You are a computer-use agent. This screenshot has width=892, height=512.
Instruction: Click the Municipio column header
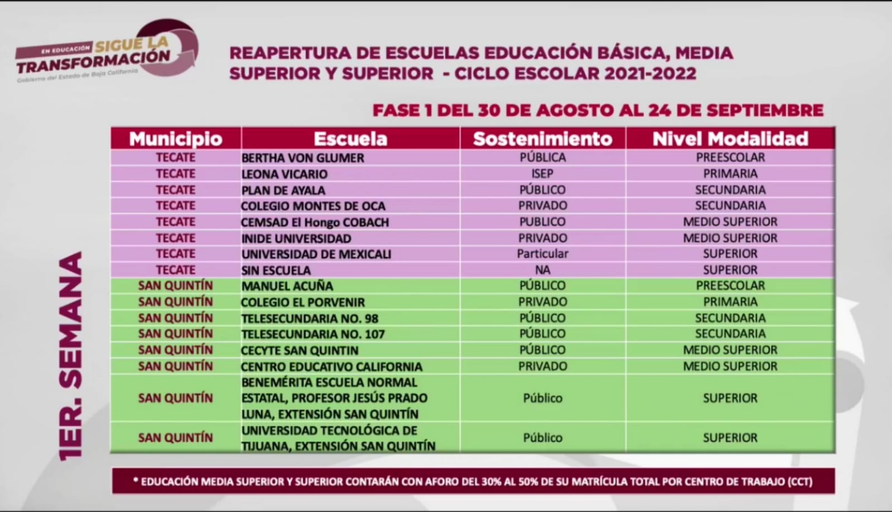[x=176, y=139]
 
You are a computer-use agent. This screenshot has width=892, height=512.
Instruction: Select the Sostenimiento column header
[x=542, y=139]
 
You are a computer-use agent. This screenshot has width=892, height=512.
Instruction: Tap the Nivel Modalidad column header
[x=730, y=139]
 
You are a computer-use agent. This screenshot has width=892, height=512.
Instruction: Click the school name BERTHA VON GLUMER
[x=303, y=158]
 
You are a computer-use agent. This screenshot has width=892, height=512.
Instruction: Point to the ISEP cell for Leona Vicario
[x=542, y=174]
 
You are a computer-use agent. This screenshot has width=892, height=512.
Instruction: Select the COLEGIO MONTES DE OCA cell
[x=313, y=206]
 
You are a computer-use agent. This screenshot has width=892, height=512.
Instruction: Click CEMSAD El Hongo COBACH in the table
[x=315, y=222]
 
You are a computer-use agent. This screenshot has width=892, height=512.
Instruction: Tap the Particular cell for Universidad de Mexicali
[x=542, y=254]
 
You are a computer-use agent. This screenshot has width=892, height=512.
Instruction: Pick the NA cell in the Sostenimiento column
[x=542, y=270]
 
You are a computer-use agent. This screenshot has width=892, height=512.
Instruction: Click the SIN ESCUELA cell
[x=276, y=270]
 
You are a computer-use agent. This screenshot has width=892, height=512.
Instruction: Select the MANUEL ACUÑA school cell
[x=287, y=286]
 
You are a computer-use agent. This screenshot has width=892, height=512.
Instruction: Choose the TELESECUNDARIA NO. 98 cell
[x=309, y=319]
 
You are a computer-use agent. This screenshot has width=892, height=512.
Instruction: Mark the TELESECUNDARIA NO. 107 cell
[x=313, y=334]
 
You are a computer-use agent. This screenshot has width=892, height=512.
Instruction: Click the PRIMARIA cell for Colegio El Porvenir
[x=730, y=302]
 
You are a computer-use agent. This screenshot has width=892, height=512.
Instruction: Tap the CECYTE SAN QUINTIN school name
[x=299, y=350]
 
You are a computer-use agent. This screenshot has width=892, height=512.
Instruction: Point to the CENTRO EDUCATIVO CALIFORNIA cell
[x=331, y=367]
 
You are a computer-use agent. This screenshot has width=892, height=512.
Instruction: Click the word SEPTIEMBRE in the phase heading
[x=765, y=110]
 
